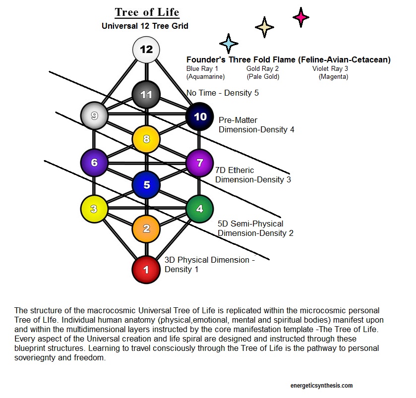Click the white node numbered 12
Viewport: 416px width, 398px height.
[x=146, y=50]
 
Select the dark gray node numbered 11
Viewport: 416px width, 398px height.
[x=146, y=93]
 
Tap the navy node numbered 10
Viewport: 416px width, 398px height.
[x=199, y=116]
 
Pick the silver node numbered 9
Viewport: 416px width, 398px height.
[x=94, y=115]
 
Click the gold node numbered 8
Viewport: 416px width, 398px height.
[x=146, y=139]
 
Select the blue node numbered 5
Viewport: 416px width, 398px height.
[x=146, y=185]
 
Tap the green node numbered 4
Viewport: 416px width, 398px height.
[x=199, y=209]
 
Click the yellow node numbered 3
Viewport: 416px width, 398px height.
[x=94, y=209]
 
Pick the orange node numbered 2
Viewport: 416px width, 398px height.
[x=146, y=228]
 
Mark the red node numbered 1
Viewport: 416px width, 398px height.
[x=146, y=270]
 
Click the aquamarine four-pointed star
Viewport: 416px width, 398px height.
[x=228, y=44]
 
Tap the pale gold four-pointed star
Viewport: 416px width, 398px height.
[x=264, y=27]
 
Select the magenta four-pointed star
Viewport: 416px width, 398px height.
[x=300, y=17]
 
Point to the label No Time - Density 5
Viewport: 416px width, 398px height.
[x=223, y=93]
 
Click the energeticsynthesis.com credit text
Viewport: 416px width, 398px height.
[x=322, y=385]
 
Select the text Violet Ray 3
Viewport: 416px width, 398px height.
[x=330, y=69]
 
